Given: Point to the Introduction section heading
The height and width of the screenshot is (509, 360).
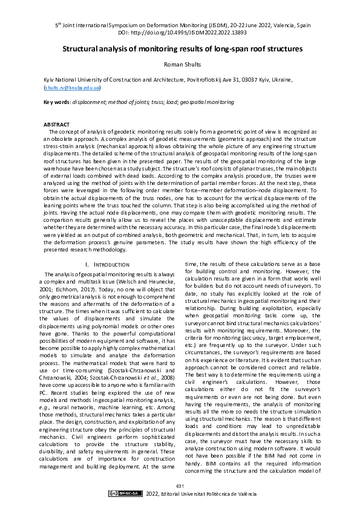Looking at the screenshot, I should coord(108,265).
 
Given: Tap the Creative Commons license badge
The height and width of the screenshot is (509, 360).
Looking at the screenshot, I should coord(123,494).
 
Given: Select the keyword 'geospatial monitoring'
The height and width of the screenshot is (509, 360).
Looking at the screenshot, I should coord(195,102).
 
